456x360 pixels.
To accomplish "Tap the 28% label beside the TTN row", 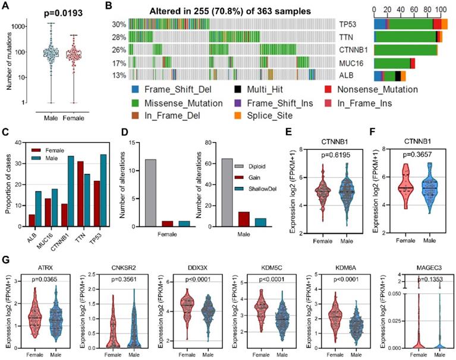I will (118, 37).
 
